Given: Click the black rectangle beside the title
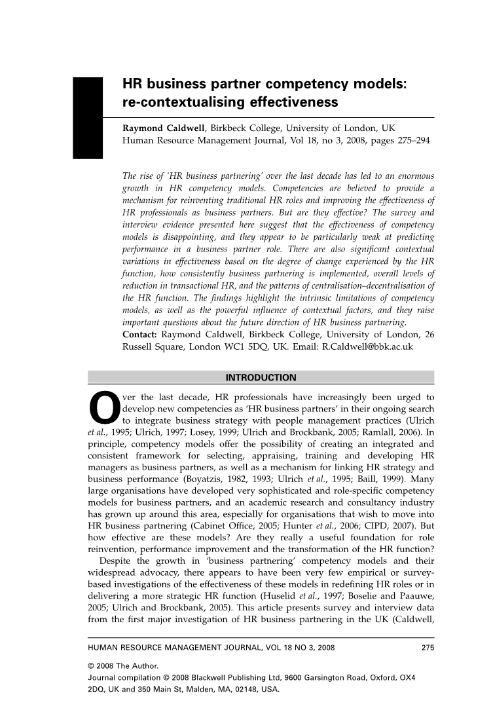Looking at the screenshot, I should point(88,117).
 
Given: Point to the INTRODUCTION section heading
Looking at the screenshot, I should point(261,377).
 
